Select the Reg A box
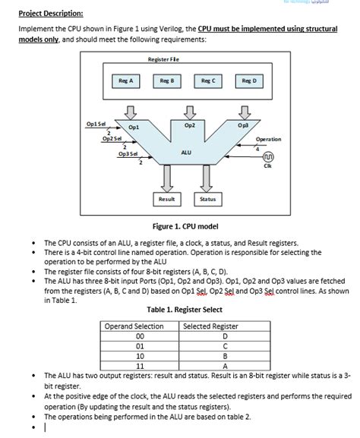[125, 80]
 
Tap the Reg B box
[167, 80]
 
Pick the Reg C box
[208, 80]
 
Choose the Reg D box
[249, 80]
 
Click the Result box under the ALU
[166, 199]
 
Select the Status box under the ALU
[207, 199]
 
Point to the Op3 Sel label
[128, 154]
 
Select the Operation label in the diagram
[268, 139]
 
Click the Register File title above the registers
[163, 59]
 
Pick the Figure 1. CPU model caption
[186, 225]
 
